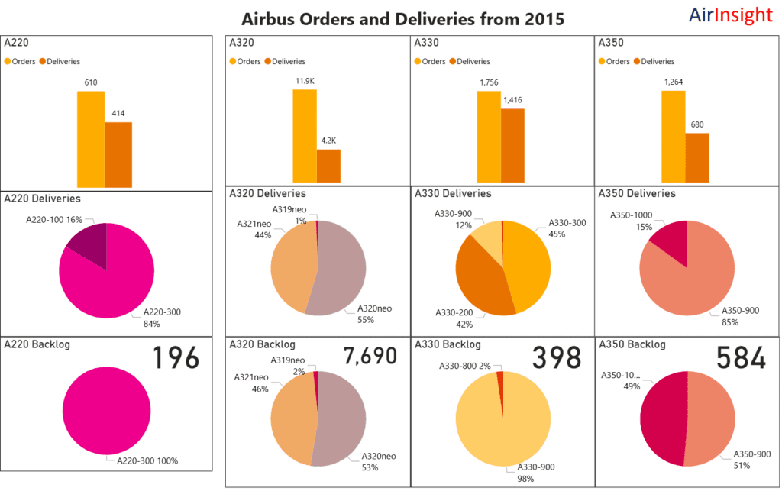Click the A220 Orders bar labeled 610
point(90,139)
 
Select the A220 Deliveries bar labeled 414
point(118,154)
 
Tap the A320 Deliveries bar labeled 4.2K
point(328,168)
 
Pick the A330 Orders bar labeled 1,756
point(489,139)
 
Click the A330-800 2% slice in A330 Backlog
point(500,375)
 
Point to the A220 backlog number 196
point(175,359)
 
